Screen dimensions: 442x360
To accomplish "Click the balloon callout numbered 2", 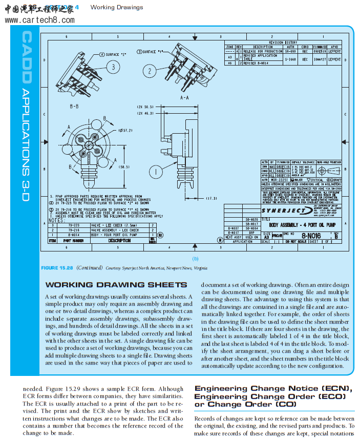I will tap(150, 71).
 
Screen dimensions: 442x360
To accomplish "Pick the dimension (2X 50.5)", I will tap(145, 107).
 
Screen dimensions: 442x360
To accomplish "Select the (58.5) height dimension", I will tap(124, 167).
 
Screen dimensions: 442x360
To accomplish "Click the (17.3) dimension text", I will tap(211, 198).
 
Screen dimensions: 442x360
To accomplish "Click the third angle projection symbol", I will tap(333, 167).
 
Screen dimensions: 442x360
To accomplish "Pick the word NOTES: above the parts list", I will tap(57, 220).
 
